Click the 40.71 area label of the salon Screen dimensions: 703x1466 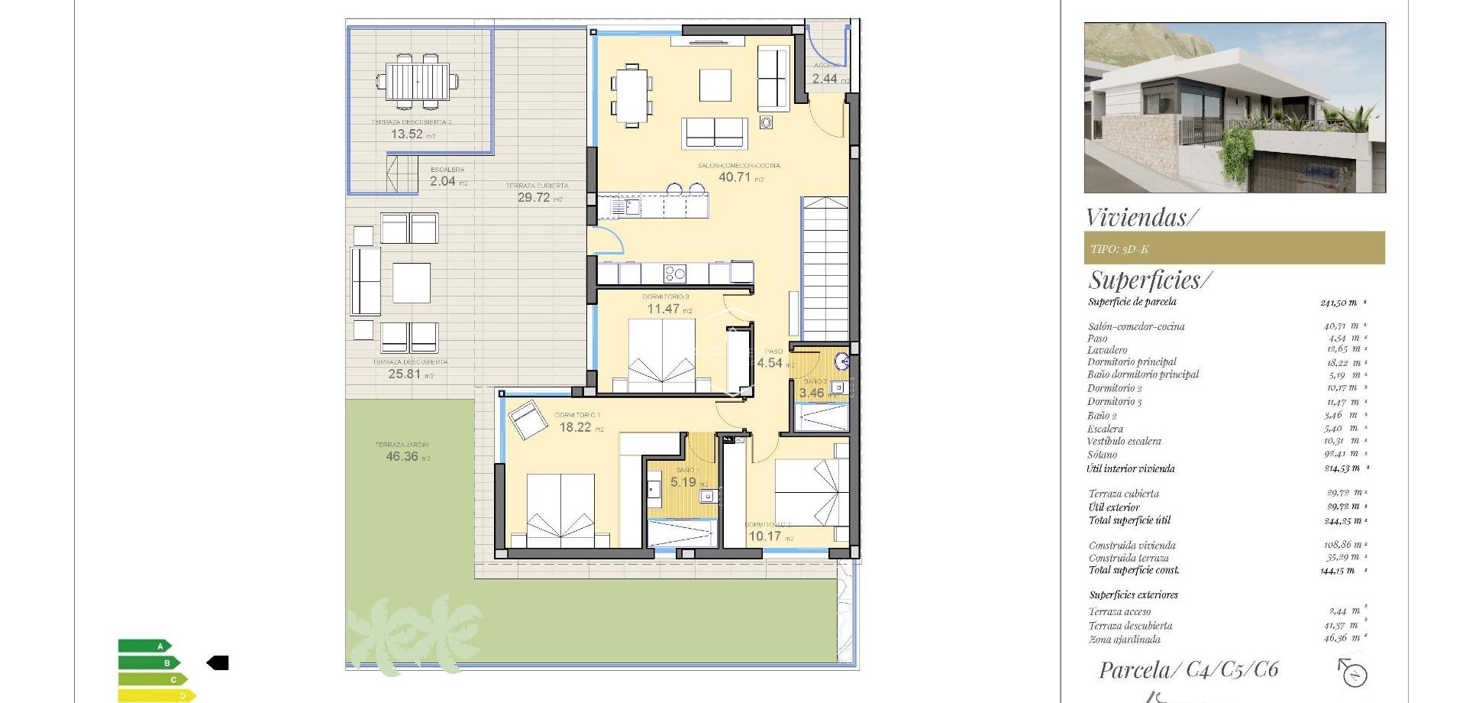(735, 177)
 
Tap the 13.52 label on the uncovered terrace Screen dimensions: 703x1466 (407, 134)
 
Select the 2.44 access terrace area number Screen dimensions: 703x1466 (825, 79)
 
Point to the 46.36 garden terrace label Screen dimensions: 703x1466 (402, 457)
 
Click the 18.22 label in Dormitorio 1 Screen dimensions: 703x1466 (575, 428)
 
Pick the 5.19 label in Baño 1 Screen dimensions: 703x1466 (683, 483)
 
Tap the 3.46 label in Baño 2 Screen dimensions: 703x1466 (812, 394)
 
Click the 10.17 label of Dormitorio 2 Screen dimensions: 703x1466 (764, 536)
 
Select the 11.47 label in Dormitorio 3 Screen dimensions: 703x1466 (663, 309)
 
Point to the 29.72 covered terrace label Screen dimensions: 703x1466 (534, 198)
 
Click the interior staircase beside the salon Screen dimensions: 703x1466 (825, 267)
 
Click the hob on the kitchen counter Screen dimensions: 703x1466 (674, 274)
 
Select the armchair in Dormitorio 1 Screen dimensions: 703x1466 (526, 420)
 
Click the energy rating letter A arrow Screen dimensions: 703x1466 (145, 646)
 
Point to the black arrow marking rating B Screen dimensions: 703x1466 (218, 663)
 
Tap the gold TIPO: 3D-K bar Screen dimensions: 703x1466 (1234, 248)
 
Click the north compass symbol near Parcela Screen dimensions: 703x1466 (1354, 673)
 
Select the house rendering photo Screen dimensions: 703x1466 (1235, 108)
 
